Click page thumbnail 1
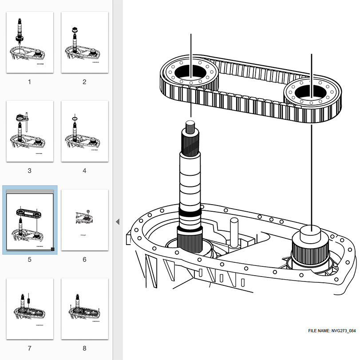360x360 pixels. (x=30, y=42)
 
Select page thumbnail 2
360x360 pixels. (x=84, y=42)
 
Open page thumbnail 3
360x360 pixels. (x=30, y=131)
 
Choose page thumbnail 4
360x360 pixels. (x=84, y=131)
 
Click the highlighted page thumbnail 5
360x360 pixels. (x=30, y=221)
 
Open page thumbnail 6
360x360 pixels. (x=84, y=221)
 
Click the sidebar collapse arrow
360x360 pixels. (x=118, y=222)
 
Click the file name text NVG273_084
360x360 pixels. (x=332, y=331)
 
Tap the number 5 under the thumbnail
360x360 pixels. (x=30, y=259)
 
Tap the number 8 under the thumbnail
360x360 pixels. (x=84, y=348)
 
